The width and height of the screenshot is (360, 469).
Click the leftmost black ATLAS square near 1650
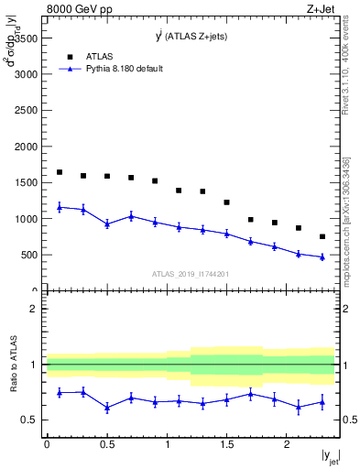(60, 172)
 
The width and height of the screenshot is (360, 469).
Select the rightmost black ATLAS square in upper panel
(322, 236)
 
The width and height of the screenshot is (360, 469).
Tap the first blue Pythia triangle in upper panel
(60, 207)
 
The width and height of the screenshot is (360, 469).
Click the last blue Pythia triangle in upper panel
(322, 256)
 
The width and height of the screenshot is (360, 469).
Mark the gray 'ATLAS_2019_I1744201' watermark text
(190, 274)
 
